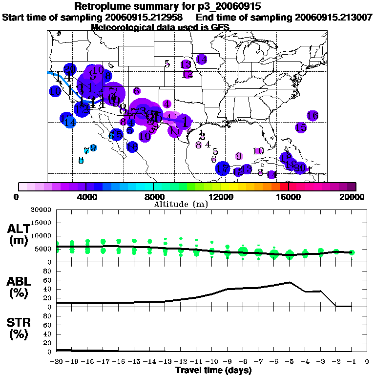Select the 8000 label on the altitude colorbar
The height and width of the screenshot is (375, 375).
point(153,197)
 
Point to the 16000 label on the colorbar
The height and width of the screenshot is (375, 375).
point(289,197)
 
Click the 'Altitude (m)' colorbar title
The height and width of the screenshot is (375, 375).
point(181,204)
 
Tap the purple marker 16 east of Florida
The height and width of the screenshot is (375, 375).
point(312,116)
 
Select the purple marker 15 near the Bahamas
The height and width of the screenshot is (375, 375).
point(301,127)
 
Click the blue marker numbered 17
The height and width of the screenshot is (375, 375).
point(223,169)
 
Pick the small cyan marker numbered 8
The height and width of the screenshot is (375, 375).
point(81,160)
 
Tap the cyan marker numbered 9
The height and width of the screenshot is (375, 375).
point(93,148)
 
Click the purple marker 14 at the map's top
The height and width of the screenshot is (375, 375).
point(201,59)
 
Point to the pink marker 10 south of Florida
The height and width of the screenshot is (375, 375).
point(259,151)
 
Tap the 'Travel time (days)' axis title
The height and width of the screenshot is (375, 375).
point(213,371)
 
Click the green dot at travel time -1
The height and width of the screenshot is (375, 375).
point(352,252)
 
